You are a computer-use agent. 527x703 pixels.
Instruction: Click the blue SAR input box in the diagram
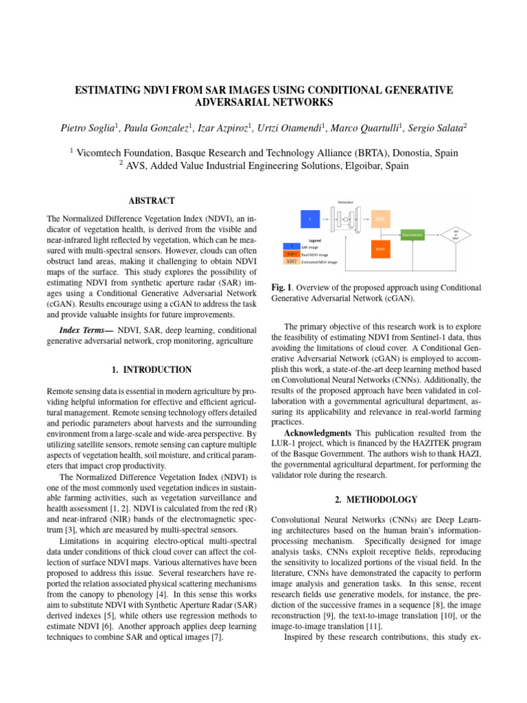309,219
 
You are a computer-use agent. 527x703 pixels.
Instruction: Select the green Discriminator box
412,235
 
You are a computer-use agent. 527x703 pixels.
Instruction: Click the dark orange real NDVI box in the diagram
379,249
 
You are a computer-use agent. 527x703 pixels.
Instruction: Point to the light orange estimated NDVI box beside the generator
379,219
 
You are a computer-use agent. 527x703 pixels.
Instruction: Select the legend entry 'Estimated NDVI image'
319,262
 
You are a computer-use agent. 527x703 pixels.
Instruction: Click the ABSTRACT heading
151,201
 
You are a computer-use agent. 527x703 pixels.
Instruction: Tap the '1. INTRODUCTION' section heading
152,370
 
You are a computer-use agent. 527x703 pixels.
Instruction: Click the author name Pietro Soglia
87,127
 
